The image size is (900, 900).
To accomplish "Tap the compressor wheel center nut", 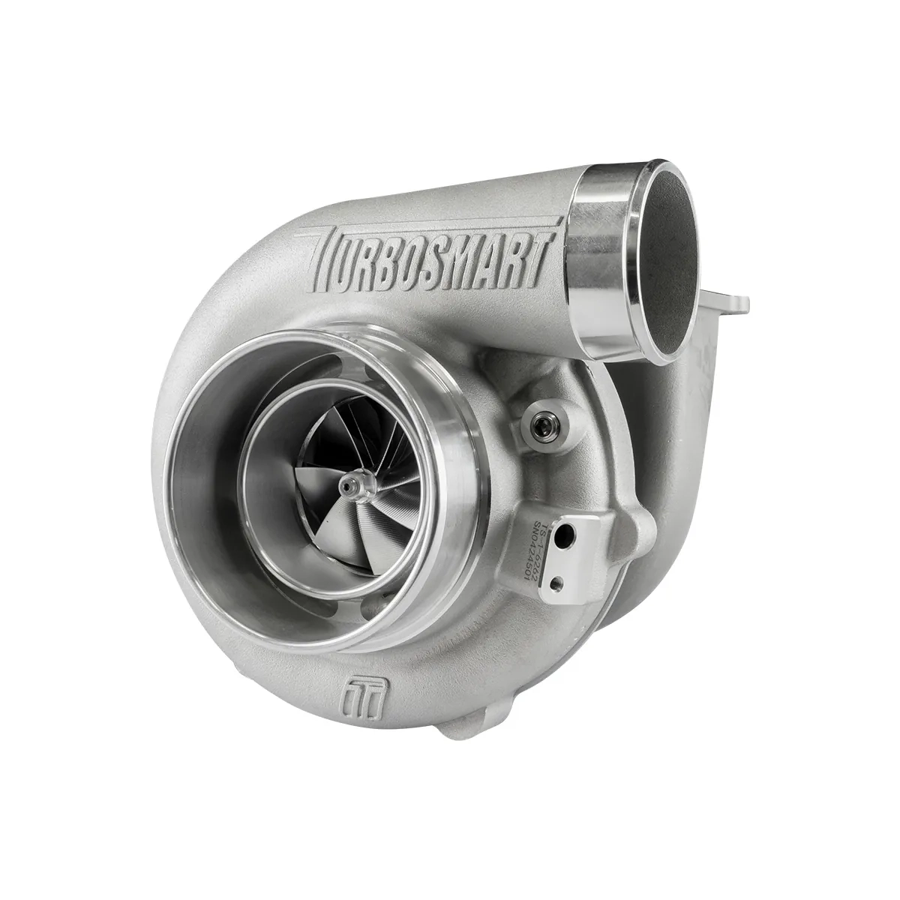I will (x=347, y=486).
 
